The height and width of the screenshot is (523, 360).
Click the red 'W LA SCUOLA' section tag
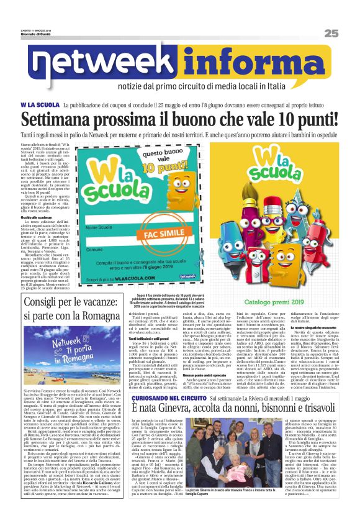pos(41,103)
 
